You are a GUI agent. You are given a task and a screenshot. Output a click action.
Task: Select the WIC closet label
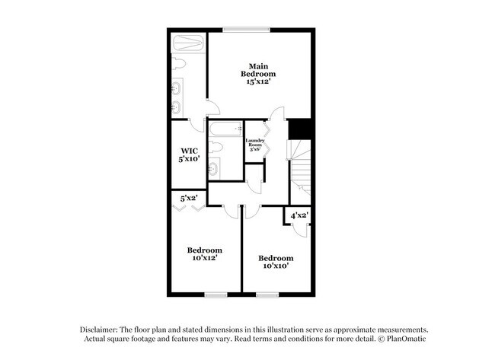189,151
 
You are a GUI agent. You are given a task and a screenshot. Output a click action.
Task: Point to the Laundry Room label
254,143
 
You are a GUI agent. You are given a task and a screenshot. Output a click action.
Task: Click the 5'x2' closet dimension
188,198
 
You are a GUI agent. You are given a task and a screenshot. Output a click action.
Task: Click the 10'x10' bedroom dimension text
275,267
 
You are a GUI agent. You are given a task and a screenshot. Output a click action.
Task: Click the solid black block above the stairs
302,129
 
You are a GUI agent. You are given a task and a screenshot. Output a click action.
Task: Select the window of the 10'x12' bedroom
216,295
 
